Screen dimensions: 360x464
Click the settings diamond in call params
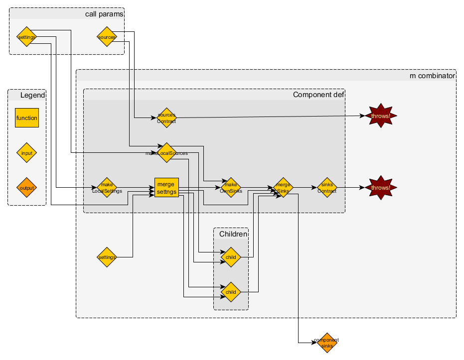point(26,37)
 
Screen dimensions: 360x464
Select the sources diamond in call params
point(107,37)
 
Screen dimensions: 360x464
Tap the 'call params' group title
point(104,14)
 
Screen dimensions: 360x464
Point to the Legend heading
point(33,95)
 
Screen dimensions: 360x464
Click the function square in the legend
point(27,118)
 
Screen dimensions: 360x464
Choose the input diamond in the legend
point(27,153)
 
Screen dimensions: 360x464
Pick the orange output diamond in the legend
point(27,188)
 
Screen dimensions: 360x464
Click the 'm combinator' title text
point(432,76)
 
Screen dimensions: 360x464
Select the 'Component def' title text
point(318,95)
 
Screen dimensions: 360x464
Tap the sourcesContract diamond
point(166,118)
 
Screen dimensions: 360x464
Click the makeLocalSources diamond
point(166,153)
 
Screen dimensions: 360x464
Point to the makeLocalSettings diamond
point(107,188)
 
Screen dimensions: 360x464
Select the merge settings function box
point(166,188)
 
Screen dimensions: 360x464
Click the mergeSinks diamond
point(283,188)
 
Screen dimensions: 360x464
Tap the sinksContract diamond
point(327,188)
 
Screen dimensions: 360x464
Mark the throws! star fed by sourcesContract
point(381,116)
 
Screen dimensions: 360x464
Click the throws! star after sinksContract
point(381,188)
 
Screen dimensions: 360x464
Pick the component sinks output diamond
point(327,343)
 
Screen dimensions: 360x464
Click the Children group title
point(233,234)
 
